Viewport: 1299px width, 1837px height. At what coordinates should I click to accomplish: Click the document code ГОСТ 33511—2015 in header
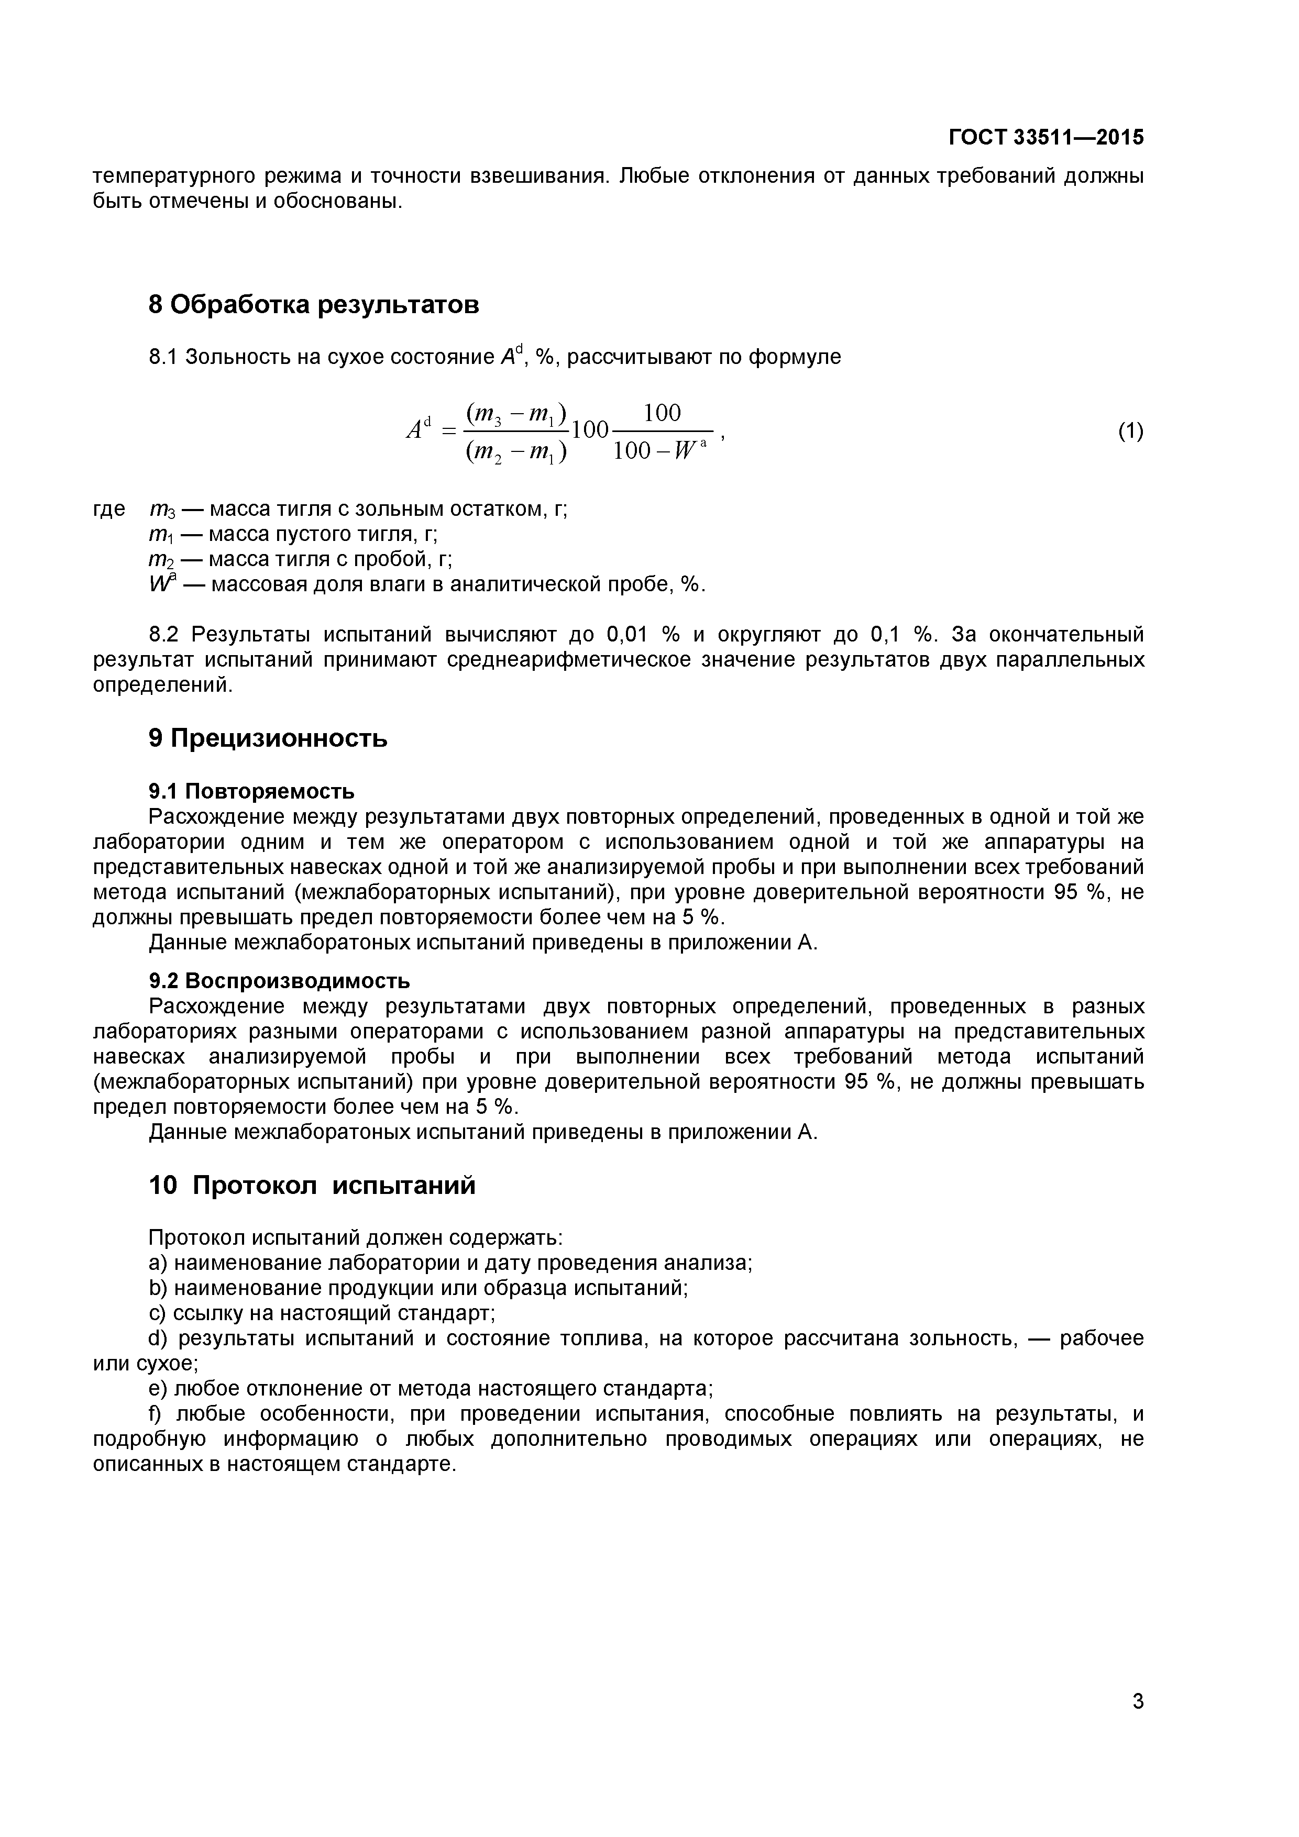coord(1046,138)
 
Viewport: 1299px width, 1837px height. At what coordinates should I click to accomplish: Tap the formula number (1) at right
coord(1130,431)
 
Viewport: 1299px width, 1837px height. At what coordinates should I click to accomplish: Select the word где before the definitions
coord(109,509)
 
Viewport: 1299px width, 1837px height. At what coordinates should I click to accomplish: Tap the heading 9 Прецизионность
coord(268,738)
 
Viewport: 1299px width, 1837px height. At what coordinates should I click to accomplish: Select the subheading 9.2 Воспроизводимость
coord(279,980)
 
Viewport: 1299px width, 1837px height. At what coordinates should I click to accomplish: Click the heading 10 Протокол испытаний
coord(312,1185)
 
